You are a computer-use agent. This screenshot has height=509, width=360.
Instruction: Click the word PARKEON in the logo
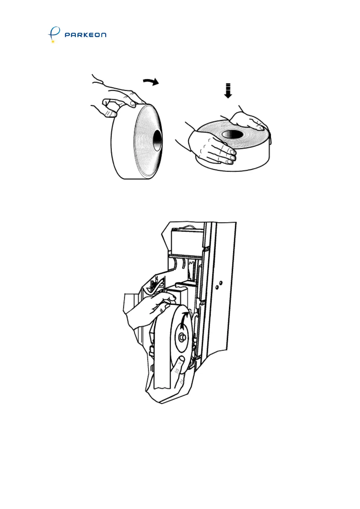(x=86, y=35)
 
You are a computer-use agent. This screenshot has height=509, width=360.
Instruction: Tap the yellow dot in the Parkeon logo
(x=53, y=41)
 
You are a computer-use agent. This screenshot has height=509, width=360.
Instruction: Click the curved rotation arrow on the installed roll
(x=185, y=320)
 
